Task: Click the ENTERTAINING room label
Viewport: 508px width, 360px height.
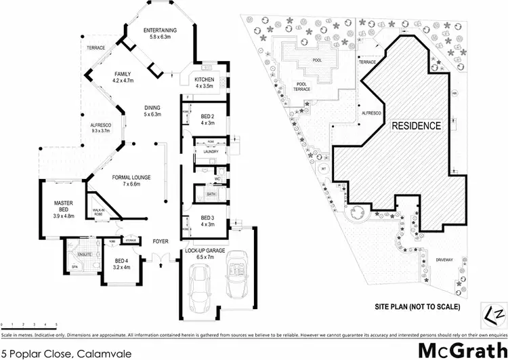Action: coord(161,31)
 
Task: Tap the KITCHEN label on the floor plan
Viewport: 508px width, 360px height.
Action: coord(205,79)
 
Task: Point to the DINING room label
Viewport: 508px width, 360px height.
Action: coord(151,108)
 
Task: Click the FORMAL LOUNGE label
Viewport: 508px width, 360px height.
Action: coord(131,178)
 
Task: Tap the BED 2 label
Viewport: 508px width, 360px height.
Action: coord(207,117)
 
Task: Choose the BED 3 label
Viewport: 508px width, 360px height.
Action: coord(207,218)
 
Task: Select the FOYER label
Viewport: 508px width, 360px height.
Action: coord(161,241)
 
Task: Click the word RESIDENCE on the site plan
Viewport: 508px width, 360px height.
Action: coord(415,125)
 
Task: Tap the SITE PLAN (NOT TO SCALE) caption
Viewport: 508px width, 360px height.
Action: coord(417,306)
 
